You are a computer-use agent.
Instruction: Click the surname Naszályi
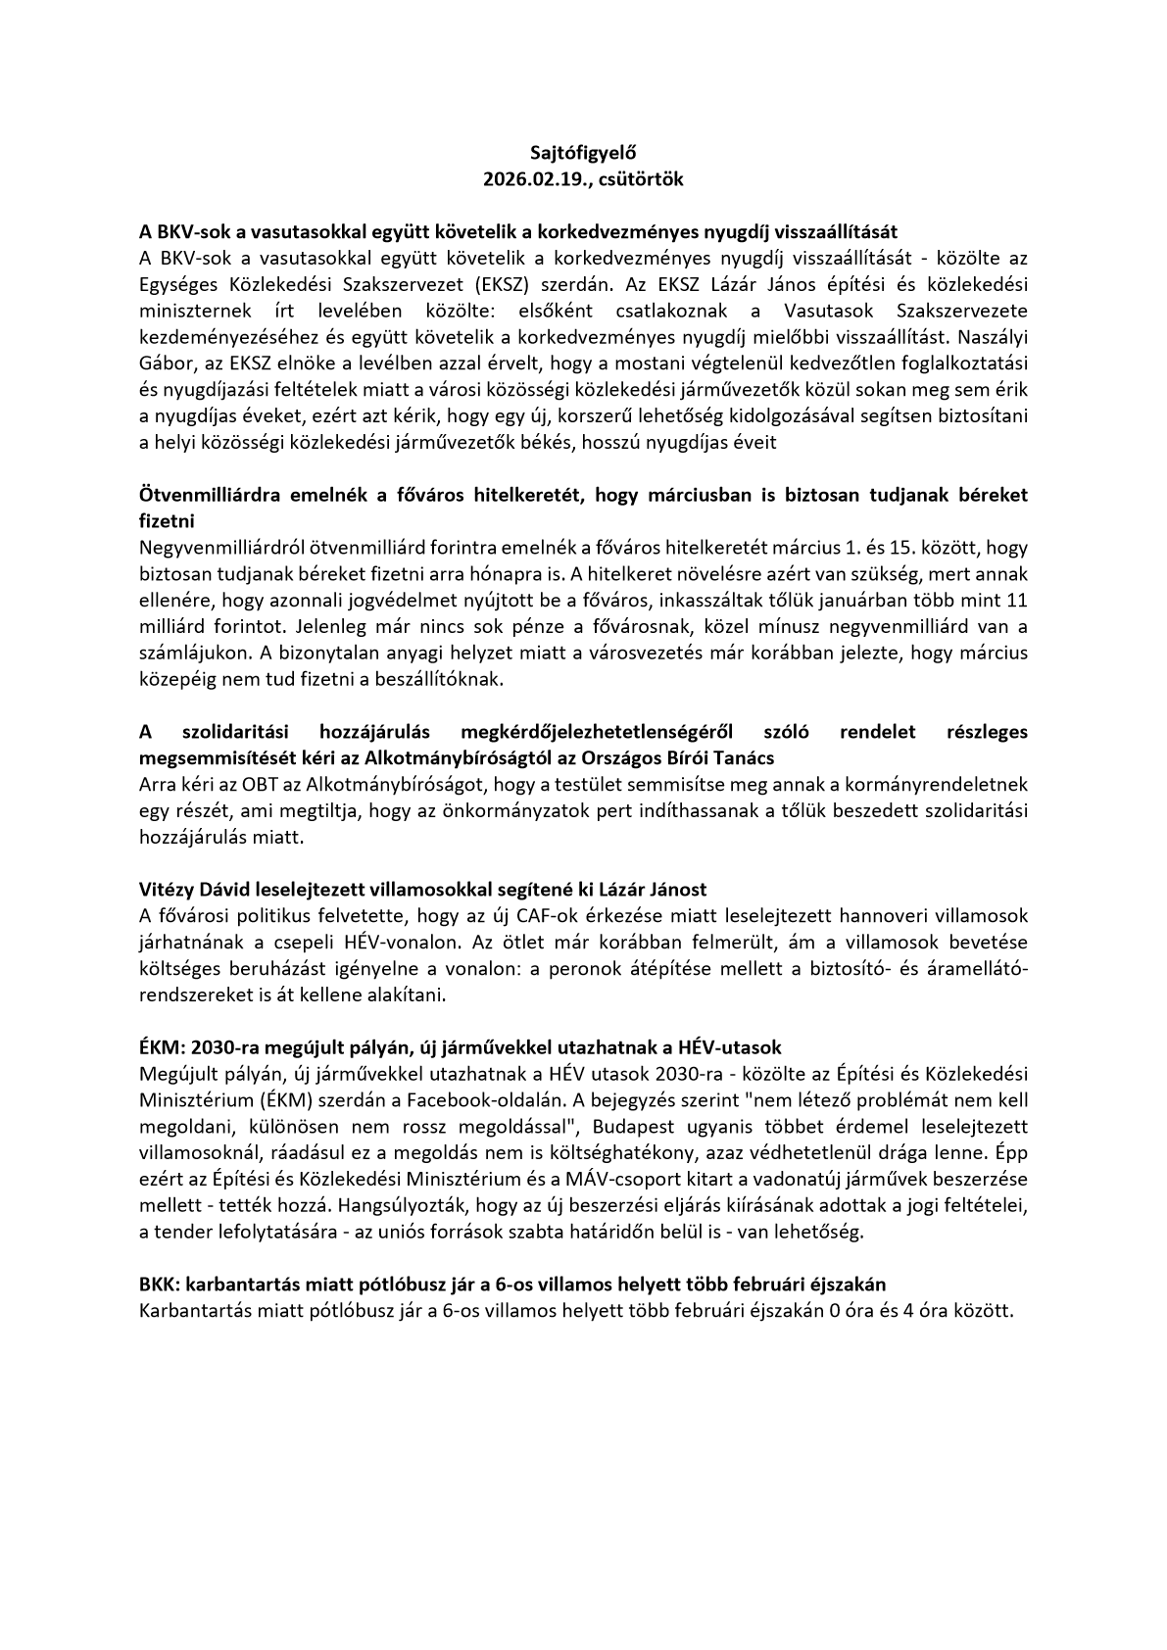[x=992, y=337]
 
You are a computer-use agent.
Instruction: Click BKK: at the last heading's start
[x=161, y=1285]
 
